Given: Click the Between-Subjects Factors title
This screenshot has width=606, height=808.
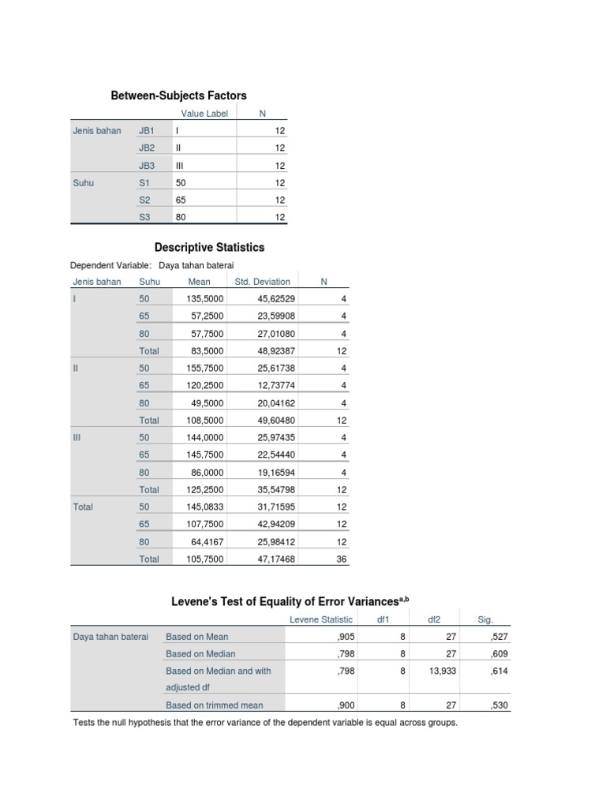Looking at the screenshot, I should [178, 95].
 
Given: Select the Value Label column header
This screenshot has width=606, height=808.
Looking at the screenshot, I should [204, 114].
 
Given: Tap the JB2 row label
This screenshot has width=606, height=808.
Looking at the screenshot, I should [147, 148].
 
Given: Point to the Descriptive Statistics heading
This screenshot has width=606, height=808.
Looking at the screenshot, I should [209, 247].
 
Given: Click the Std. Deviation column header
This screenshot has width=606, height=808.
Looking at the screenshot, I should [263, 282].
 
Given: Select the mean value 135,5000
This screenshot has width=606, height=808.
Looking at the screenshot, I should [205, 299].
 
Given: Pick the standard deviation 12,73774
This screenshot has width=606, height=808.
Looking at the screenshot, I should [276, 386].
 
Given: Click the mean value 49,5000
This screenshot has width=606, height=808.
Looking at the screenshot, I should [208, 403].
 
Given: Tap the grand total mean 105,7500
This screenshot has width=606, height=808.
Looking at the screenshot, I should [205, 559].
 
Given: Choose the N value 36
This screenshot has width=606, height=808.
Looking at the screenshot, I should [342, 559].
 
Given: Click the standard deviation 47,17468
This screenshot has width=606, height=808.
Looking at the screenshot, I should [276, 559].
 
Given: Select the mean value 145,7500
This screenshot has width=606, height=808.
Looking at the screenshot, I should [205, 455].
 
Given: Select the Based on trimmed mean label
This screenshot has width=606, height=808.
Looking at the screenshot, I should [215, 705].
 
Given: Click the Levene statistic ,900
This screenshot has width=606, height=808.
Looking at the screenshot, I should [345, 705].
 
